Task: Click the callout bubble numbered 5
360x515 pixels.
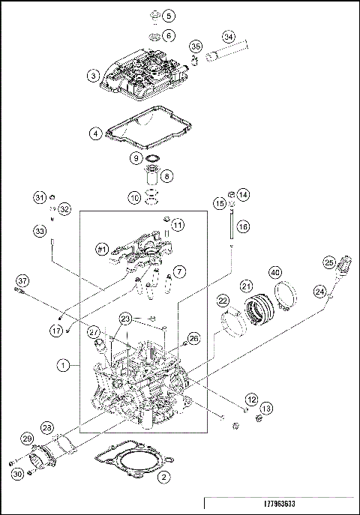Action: pos(169,16)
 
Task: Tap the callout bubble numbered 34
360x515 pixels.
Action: pos(229,36)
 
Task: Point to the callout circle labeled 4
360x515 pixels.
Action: pos(94,134)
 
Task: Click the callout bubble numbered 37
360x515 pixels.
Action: pos(22,281)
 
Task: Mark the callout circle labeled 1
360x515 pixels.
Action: pos(65,366)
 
